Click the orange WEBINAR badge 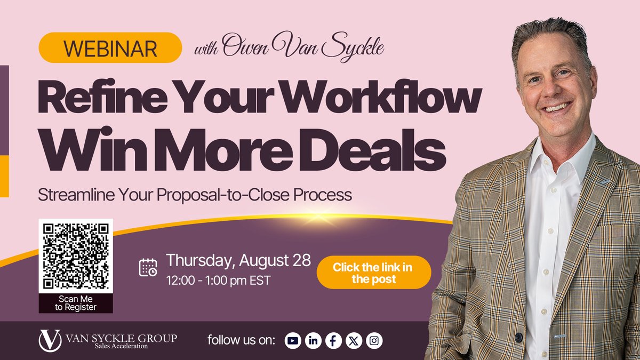(110, 47)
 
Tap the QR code (76, 256)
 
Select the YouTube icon (293, 341)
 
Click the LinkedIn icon (313, 341)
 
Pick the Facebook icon (333, 341)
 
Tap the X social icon (354, 341)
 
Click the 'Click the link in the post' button (373, 273)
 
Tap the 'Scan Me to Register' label (76, 303)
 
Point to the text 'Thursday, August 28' (238, 261)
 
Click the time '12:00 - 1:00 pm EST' (218, 279)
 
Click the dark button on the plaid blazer (518, 338)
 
